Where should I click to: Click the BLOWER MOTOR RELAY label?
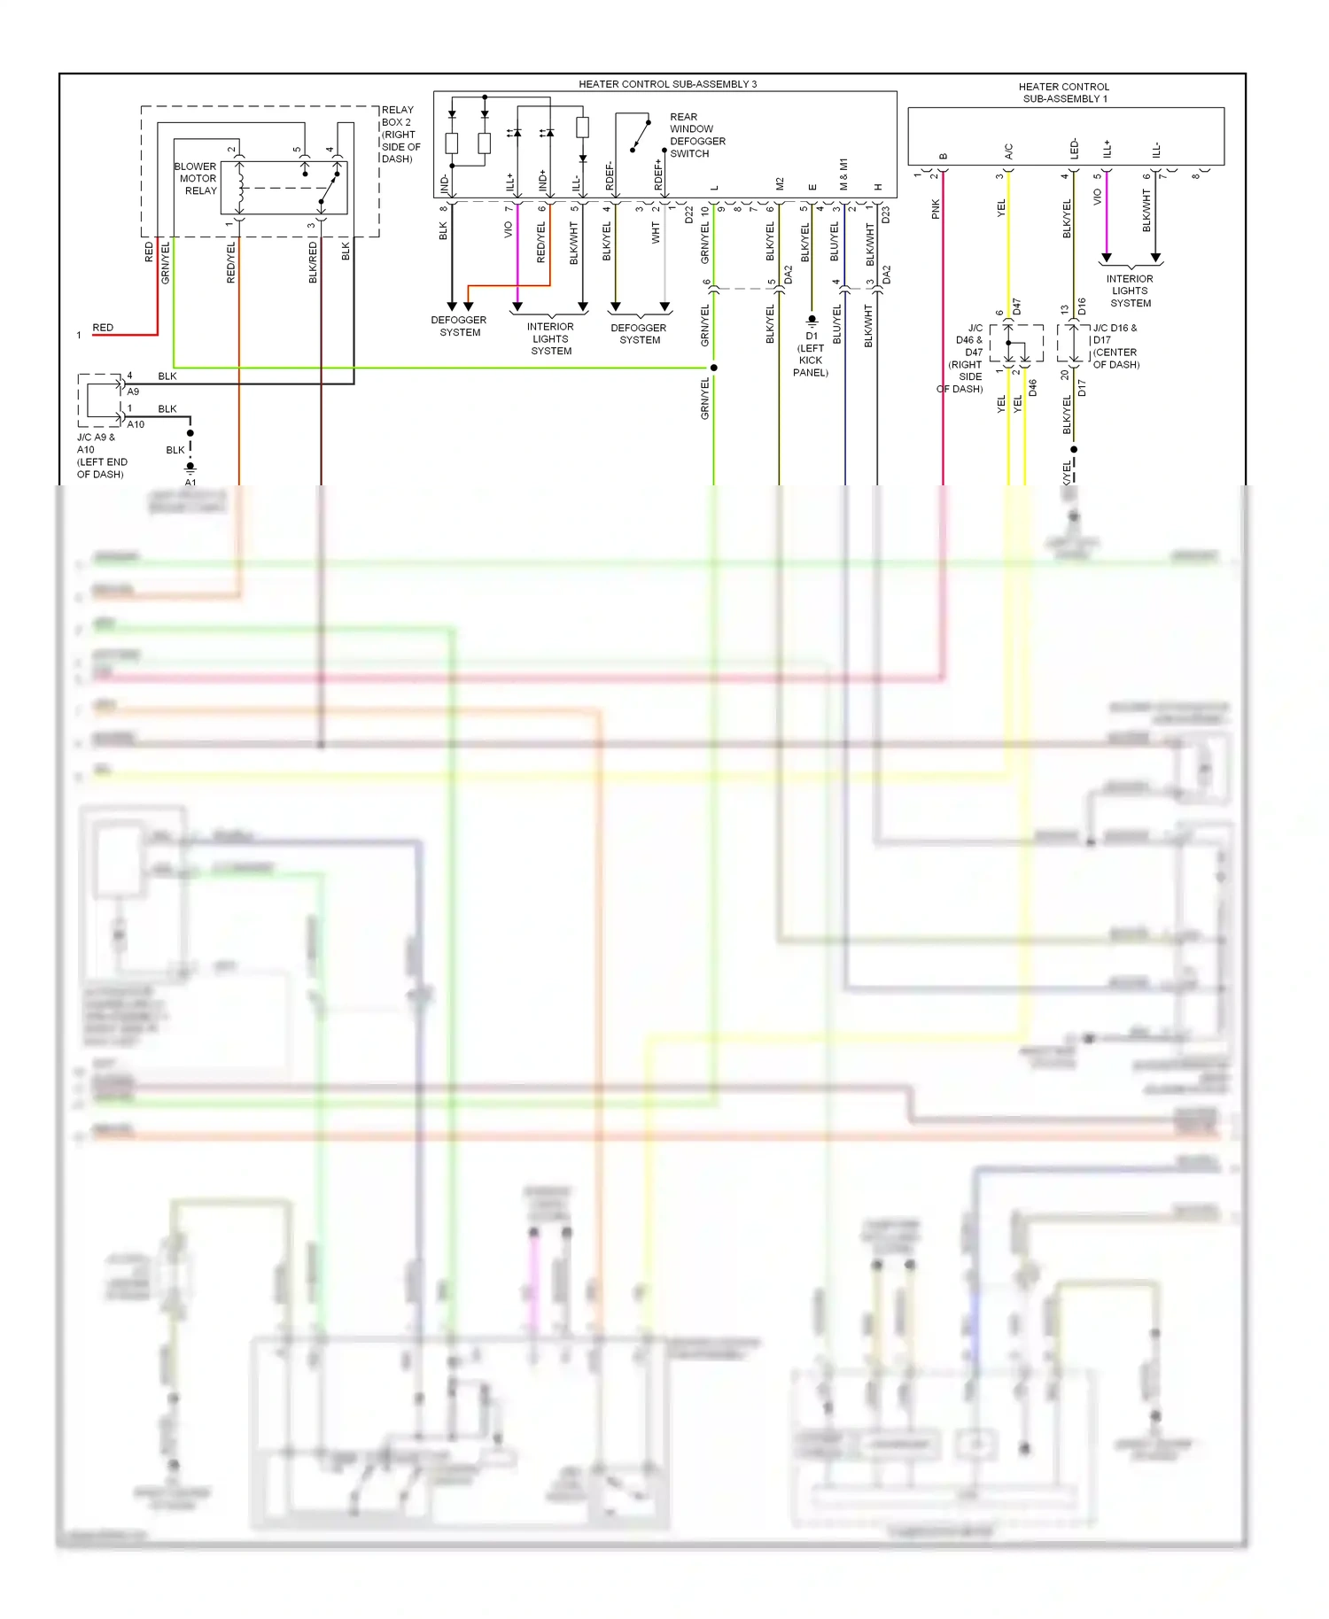pyautogui.click(x=196, y=179)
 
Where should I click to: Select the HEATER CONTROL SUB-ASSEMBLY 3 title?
pyautogui.click(x=667, y=84)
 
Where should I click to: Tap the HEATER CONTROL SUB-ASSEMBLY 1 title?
pyautogui.click(x=1063, y=93)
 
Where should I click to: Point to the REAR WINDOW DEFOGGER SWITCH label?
pyautogui.click(x=697, y=136)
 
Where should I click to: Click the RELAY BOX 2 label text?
pyautogui.click(x=400, y=135)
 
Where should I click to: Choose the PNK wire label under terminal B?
pyautogui.click(x=936, y=209)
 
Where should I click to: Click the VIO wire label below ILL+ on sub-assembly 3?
pyautogui.click(x=508, y=229)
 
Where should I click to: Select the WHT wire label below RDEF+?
pyautogui.click(x=656, y=232)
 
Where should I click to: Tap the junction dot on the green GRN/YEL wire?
pyautogui.click(x=713, y=368)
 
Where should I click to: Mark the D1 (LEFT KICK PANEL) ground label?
pyautogui.click(x=811, y=354)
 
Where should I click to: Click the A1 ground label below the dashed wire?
pyautogui.click(x=190, y=483)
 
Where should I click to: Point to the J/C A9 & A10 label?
pyautogui.click(x=101, y=455)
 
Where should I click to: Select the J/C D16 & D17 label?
pyautogui.click(x=1115, y=346)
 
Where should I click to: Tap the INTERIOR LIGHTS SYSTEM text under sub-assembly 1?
pyautogui.click(x=1130, y=290)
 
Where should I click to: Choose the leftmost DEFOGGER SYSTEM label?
pyautogui.click(x=459, y=326)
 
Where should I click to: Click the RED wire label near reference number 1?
pyautogui.click(x=103, y=328)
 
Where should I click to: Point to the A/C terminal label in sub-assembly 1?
pyautogui.click(x=1008, y=151)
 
